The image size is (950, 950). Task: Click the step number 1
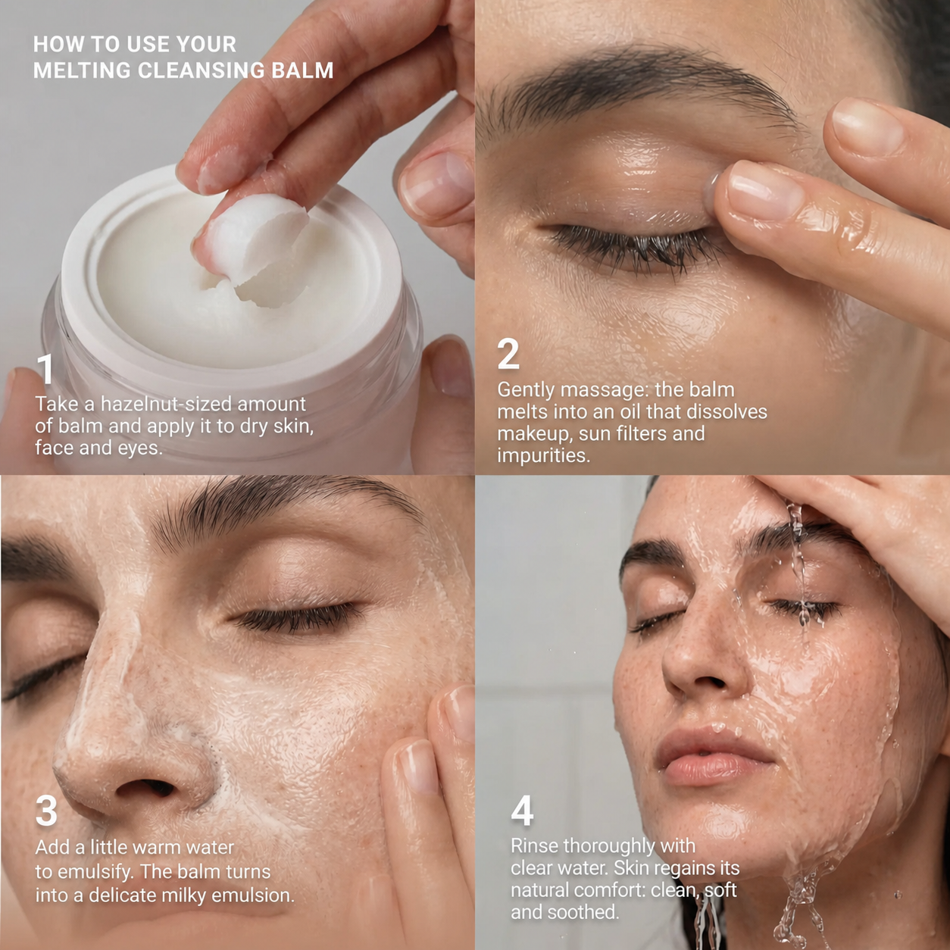46,370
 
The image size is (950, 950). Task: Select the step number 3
46,811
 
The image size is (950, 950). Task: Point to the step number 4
522,811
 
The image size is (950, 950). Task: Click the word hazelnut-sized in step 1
166,405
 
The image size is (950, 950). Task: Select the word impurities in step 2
543,456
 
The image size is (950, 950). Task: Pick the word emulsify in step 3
94,872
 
